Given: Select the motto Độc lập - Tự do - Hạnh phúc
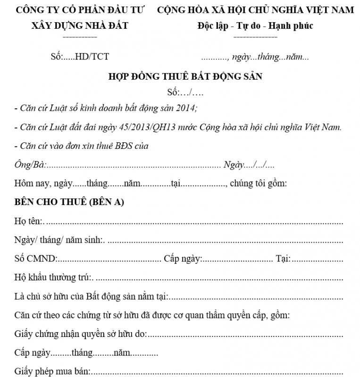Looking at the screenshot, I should pos(255,25).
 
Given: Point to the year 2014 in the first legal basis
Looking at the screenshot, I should pos(185,108).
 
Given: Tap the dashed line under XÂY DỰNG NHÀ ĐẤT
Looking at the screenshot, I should pos(79,36).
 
